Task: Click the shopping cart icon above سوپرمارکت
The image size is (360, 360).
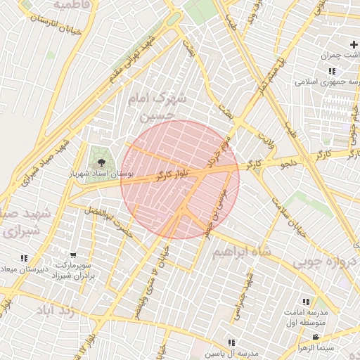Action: coord(74,255)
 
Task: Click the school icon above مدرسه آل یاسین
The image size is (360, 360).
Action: coord(231,342)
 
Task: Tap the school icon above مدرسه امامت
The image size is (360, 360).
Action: coord(306,302)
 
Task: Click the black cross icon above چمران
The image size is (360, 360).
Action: coord(353,45)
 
